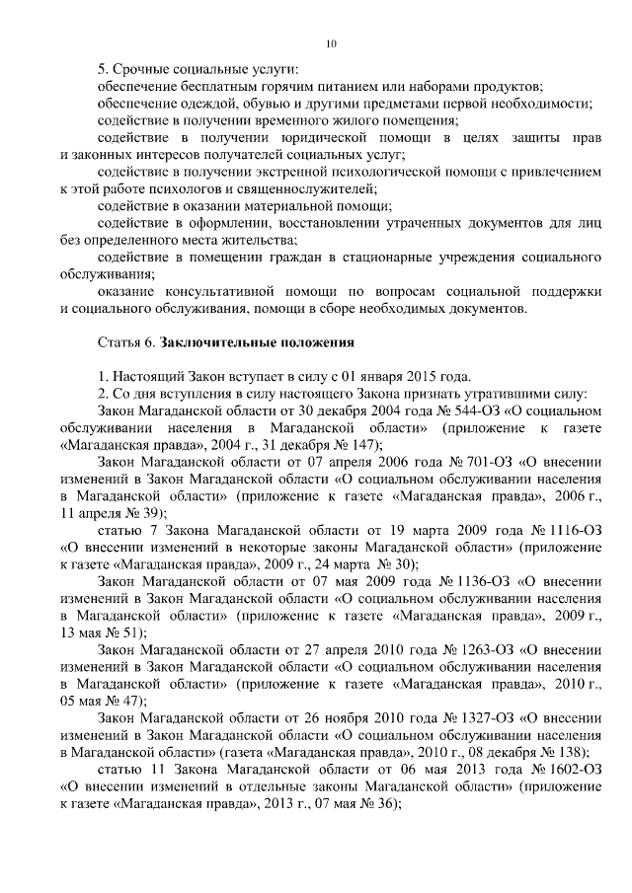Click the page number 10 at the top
tap(331, 44)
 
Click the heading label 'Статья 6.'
tap(125, 343)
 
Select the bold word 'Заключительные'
tap(208, 343)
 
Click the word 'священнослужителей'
tap(309, 188)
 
